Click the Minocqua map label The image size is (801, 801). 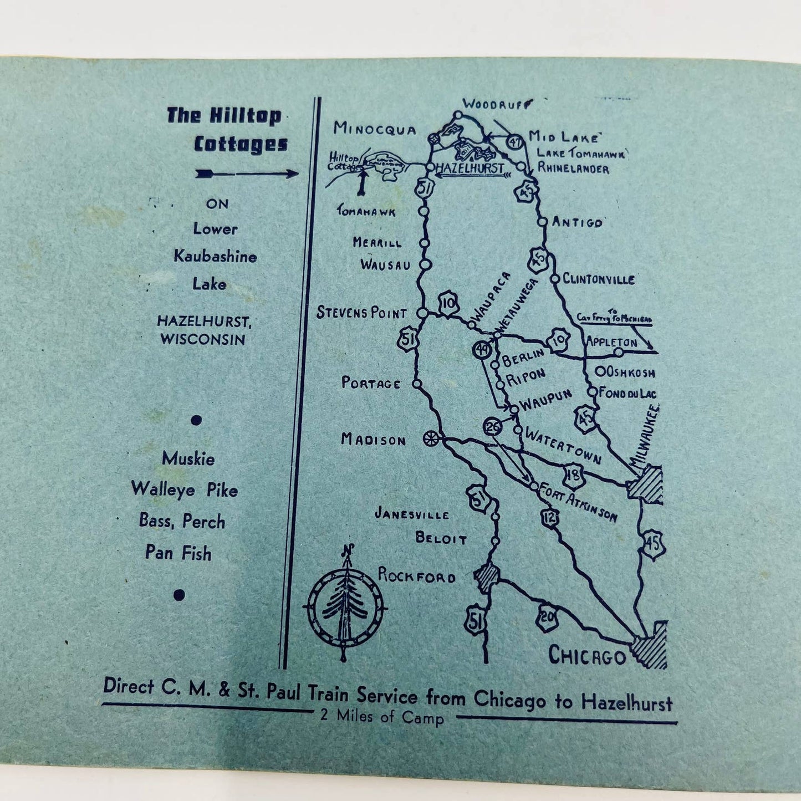(375, 130)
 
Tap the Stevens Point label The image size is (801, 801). (361, 313)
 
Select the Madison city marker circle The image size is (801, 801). (429, 438)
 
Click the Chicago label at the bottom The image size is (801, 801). (586, 656)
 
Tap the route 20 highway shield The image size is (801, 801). (547, 616)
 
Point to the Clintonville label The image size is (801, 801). (598, 279)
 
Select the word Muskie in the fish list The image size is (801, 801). (188, 459)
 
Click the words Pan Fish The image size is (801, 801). (178, 553)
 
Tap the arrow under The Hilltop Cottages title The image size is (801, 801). (247, 175)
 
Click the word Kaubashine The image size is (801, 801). (216, 256)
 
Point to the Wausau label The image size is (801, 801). (385, 264)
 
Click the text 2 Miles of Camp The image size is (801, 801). (382, 718)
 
